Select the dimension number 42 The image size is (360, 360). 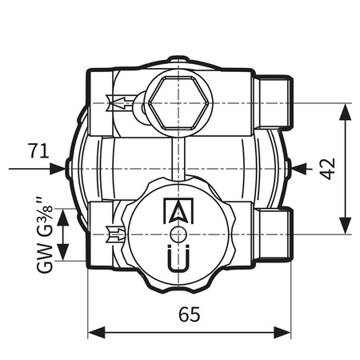point(330,169)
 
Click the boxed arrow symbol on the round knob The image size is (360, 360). point(177,210)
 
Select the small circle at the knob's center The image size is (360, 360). point(177,234)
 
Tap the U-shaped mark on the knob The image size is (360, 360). point(177,260)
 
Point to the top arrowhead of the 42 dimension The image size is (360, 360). point(346,110)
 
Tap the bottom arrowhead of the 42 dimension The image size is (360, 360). point(346,228)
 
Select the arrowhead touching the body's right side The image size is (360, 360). point(297,168)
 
